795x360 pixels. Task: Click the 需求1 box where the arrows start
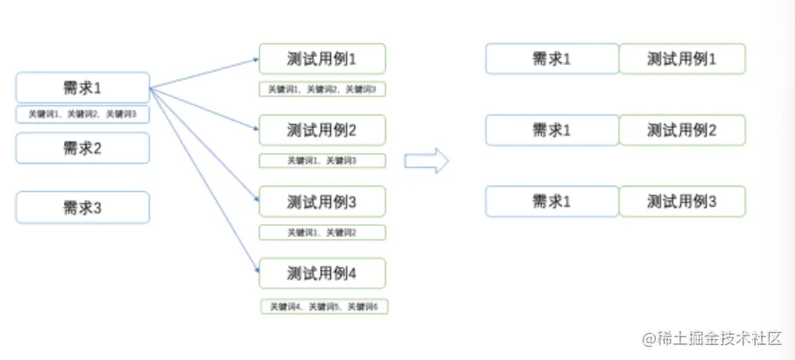82,88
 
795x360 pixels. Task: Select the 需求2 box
82,148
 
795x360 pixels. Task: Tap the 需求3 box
82,208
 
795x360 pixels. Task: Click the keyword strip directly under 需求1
82,115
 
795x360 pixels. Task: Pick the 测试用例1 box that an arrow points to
322,59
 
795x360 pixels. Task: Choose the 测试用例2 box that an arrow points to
322,131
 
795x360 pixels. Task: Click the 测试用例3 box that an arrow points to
322,201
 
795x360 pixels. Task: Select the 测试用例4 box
322,273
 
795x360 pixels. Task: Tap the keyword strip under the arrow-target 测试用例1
322,89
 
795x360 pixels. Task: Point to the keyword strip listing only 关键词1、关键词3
322,160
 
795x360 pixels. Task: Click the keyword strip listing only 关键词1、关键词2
322,232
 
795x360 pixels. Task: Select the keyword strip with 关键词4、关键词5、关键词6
324,307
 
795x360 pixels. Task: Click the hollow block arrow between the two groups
426,161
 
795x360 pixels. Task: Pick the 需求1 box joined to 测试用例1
552,59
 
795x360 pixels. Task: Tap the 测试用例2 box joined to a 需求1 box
682,131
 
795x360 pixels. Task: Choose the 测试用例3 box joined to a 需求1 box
682,201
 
